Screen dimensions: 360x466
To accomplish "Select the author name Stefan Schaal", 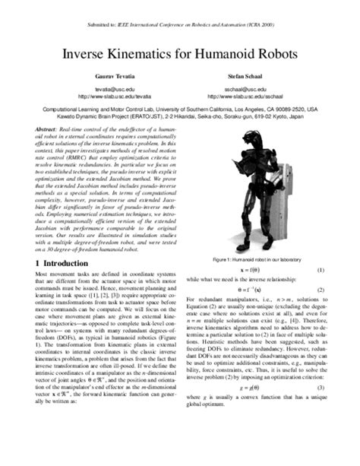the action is point(244,78).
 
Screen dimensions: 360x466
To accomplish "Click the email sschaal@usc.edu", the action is point(244,90).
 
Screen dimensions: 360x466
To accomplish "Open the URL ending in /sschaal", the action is point(244,97).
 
